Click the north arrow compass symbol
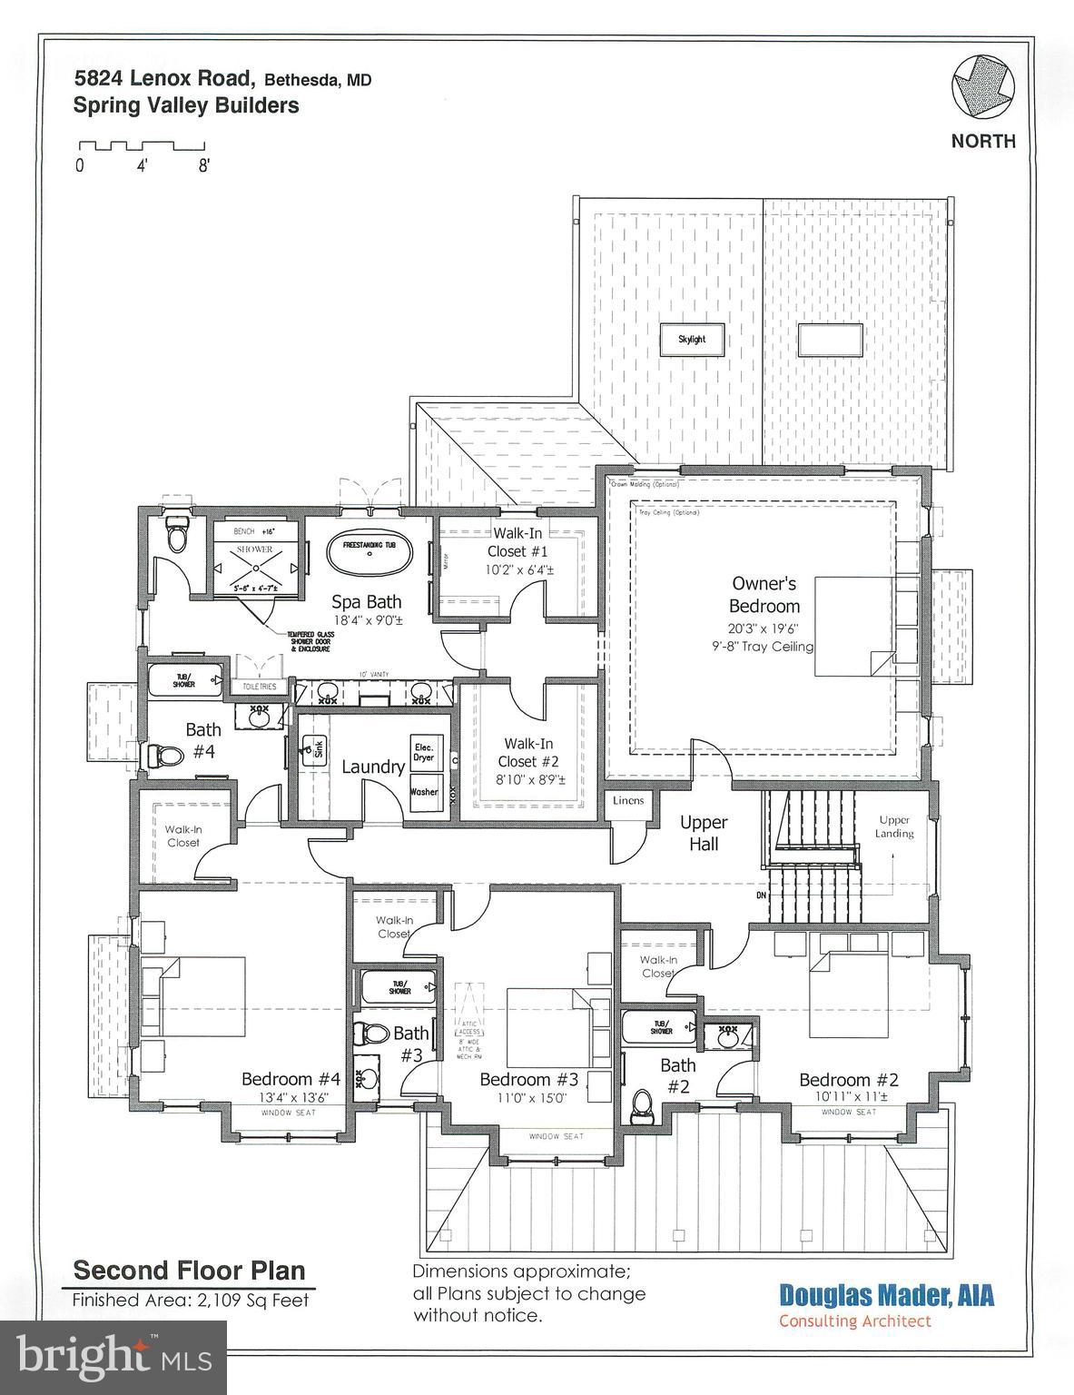point(982,88)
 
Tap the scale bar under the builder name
point(142,145)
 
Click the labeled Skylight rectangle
point(692,339)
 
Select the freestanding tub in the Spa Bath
point(369,554)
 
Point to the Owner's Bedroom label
point(764,595)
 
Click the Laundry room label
point(372,767)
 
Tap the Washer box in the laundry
point(424,791)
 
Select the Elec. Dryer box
point(424,751)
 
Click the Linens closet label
point(628,800)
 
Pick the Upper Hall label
point(704,833)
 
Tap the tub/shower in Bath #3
point(399,987)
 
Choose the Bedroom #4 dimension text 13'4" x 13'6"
point(291,1097)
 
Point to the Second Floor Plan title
point(189,1270)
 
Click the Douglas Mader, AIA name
point(886,1295)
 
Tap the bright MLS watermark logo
point(113,1358)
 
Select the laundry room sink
point(313,749)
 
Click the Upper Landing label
point(894,826)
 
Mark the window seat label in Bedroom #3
point(557,1136)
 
